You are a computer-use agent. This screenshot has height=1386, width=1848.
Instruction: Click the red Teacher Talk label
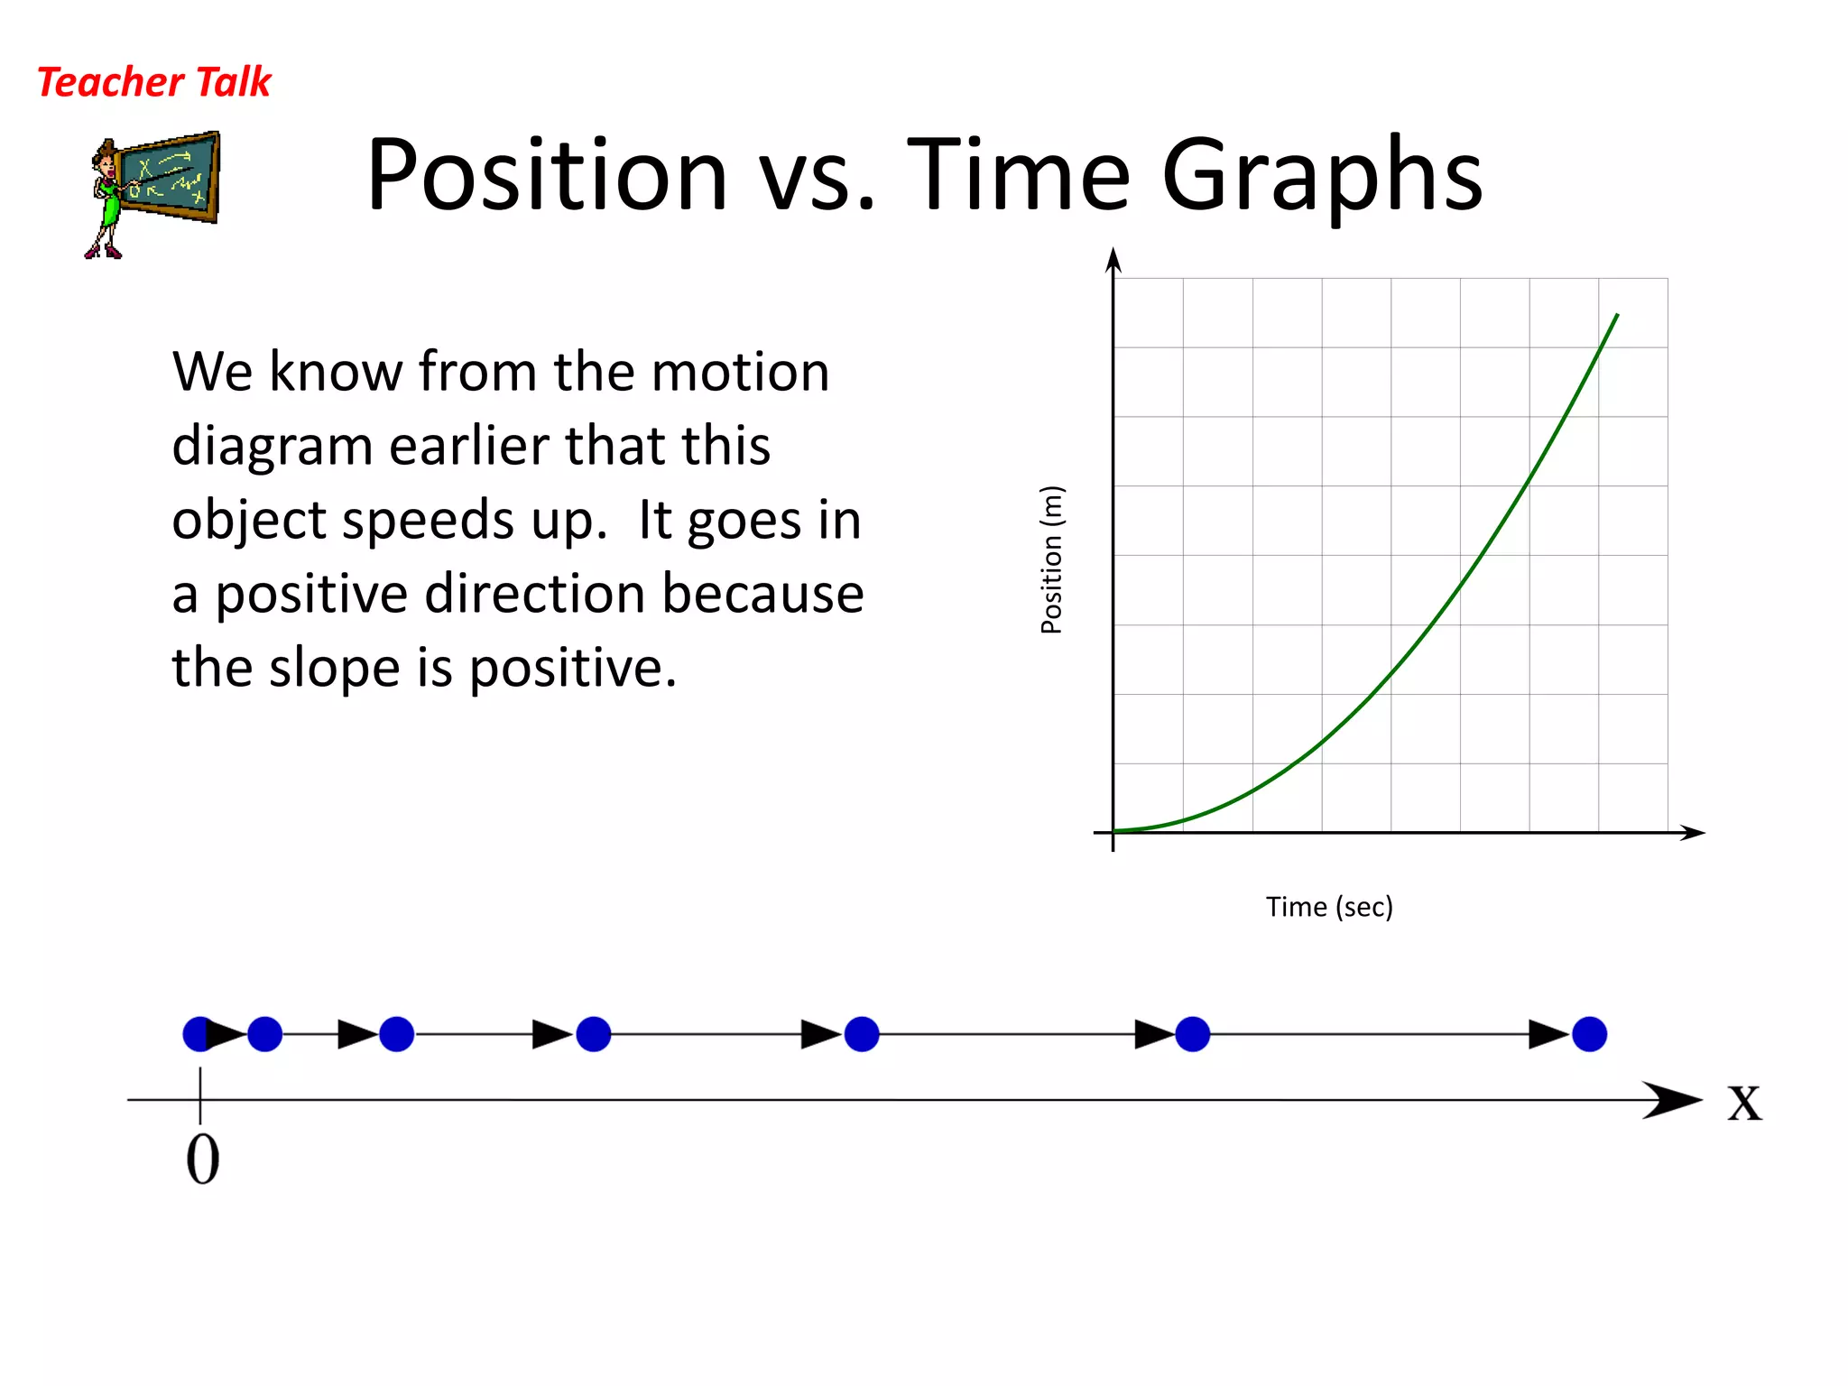pyautogui.click(x=153, y=82)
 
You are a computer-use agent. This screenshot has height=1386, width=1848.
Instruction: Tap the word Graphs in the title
pyautogui.click(x=1322, y=176)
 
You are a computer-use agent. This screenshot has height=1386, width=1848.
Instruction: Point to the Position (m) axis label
pyautogui.click(x=1052, y=559)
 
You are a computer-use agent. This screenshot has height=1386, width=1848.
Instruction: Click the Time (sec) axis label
pyautogui.click(x=1329, y=907)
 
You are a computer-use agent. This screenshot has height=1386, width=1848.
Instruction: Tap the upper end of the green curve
pyautogui.click(x=1616, y=316)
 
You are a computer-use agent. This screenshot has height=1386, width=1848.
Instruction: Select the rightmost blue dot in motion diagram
pyautogui.click(x=1589, y=1034)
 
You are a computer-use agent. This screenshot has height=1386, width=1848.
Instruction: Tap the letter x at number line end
pyautogui.click(x=1744, y=1103)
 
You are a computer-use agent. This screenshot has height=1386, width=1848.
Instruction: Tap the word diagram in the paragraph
pyautogui.click(x=272, y=447)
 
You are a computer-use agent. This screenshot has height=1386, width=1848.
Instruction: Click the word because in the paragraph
pyautogui.click(x=762, y=595)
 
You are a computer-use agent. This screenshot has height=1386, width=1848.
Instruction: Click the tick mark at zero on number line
pyautogui.click(x=200, y=1095)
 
